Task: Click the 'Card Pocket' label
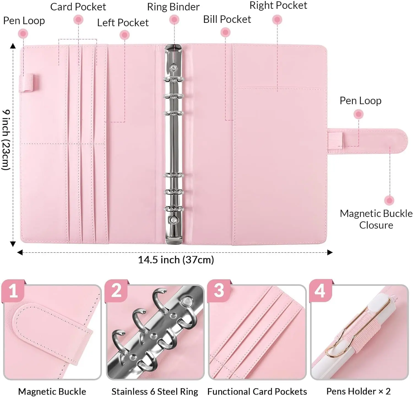coord(78,7)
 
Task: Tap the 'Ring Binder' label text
coord(173,7)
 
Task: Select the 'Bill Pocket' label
coord(227,19)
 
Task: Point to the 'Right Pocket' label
coord(278,6)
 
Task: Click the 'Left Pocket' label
coord(123,23)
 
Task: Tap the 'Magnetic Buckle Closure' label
coord(376,219)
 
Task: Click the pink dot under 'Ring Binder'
coord(174,20)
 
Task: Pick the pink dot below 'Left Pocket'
coord(125,35)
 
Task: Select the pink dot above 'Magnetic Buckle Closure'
coord(389,200)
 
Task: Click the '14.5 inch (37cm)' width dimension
coord(176,260)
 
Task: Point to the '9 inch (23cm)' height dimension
coord(6,140)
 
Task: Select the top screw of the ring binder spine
coord(173,67)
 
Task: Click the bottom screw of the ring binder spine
coord(173,220)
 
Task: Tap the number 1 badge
coord(13,291)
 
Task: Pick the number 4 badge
coord(320,291)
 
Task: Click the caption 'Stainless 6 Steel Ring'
coord(155,391)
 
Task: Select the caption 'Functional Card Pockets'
coord(257,391)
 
